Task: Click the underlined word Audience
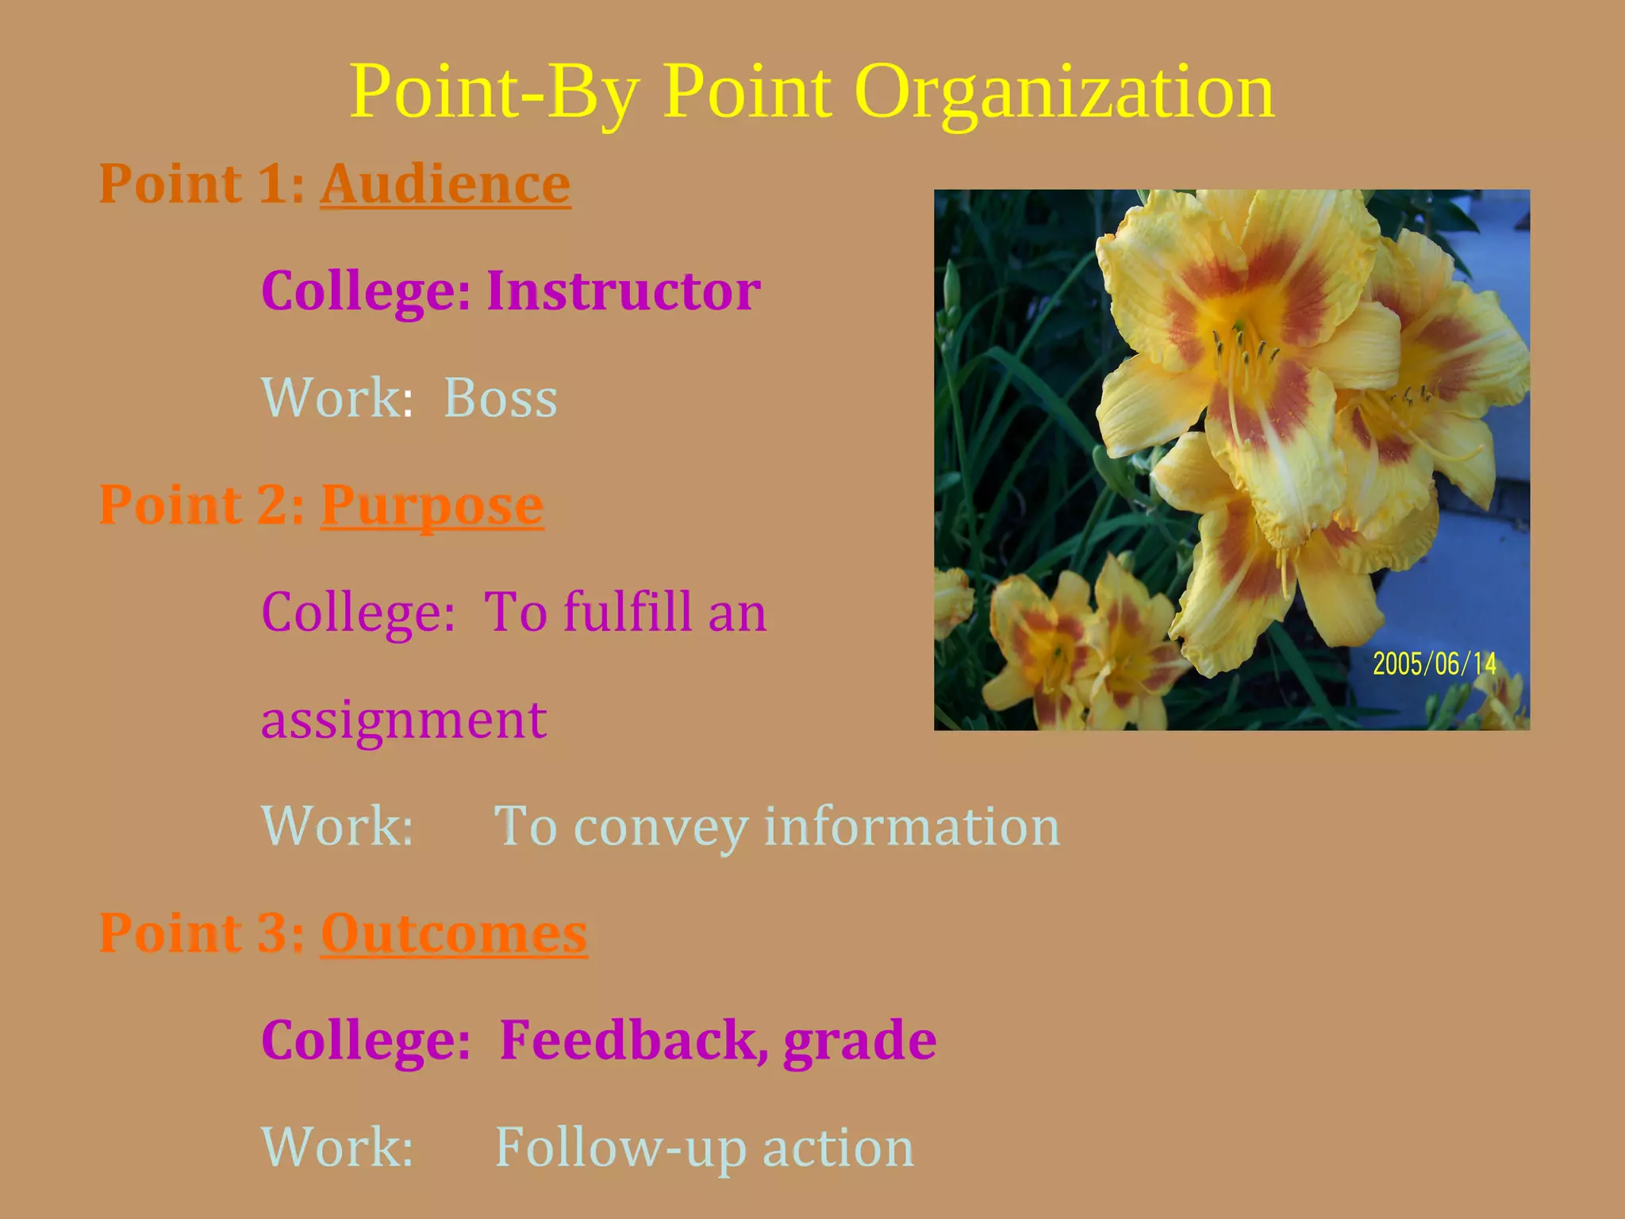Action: tap(445, 184)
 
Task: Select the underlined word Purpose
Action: tap(432, 505)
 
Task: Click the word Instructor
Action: tap(623, 290)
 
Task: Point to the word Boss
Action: tap(500, 398)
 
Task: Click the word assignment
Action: tap(404, 720)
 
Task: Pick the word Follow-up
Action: tap(620, 1148)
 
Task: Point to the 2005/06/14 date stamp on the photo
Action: tap(1434, 663)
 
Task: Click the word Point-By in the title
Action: tap(494, 94)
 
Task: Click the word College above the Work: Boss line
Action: tap(366, 290)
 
